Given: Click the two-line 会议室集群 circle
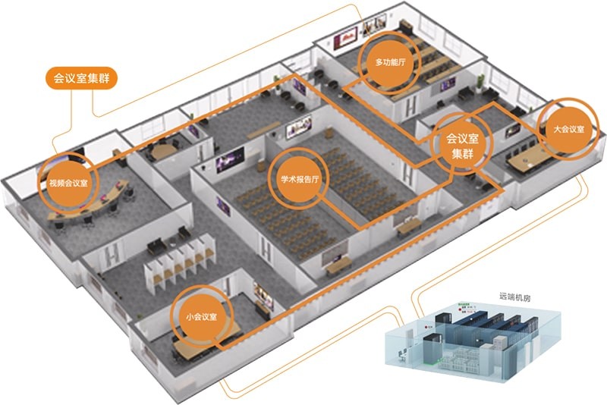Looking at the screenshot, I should tap(461, 146).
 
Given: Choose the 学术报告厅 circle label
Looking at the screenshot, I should tap(297, 181).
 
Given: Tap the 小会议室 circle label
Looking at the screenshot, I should tap(201, 316).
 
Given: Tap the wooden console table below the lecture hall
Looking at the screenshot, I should tap(337, 262).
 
